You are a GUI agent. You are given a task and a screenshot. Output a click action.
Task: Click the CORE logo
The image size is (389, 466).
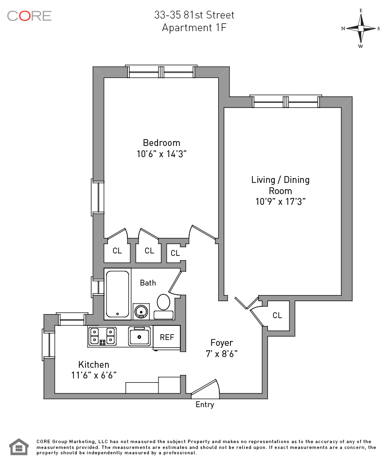pyautogui.click(x=30, y=16)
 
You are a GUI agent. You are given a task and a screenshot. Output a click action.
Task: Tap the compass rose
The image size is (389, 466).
pyautogui.click(x=360, y=29)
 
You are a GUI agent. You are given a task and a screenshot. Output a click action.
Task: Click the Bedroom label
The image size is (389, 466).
pyautogui.click(x=161, y=143)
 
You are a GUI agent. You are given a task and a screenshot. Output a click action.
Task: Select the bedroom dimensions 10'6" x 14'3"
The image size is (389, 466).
pyautogui.click(x=161, y=154)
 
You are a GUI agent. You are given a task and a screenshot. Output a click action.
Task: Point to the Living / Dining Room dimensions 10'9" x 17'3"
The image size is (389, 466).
pyautogui.click(x=281, y=201)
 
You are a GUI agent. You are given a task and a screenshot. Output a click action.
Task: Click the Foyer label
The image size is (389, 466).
pyautogui.click(x=222, y=342)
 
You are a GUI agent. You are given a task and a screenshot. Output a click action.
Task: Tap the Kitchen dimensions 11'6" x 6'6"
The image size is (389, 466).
pyautogui.click(x=94, y=376)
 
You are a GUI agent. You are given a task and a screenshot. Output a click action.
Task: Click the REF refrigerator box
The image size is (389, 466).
pyautogui.click(x=167, y=337)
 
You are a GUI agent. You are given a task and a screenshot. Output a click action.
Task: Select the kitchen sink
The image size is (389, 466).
pyautogui.click(x=140, y=336)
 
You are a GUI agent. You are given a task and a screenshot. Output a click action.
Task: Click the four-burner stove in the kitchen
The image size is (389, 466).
pyautogui.click(x=103, y=336)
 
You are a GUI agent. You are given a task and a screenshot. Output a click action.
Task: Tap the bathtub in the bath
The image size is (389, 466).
pyautogui.click(x=118, y=294)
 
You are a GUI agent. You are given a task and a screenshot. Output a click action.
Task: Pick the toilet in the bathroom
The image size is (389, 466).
pyautogui.click(x=163, y=307)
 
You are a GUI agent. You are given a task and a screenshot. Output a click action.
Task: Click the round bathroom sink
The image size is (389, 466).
pyautogui.click(x=141, y=311)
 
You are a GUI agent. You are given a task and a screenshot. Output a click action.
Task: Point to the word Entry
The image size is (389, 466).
pyautogui.click(x=205, y=405)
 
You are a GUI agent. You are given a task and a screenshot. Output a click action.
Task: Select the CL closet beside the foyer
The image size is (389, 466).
pyautogui.click(x=277, y=315)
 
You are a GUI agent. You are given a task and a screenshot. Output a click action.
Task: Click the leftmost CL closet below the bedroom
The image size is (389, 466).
pyautogui.click(x=117, y=251)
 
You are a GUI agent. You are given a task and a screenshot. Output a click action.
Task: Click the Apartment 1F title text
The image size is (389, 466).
pyautogui.click(x=194, y=28)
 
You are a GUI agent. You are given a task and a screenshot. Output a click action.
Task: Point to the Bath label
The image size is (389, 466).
pyautogui.click(x=148, y=283)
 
